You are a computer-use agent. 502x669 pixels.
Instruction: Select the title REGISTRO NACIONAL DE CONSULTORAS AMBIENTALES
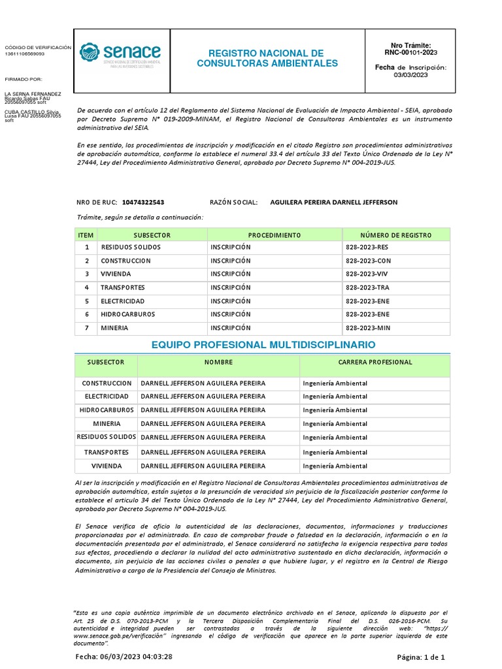(x=267, y=58)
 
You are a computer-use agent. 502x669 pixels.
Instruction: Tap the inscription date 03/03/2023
(x=410, y=75)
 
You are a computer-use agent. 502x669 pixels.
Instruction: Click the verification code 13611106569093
(x=34, y=54)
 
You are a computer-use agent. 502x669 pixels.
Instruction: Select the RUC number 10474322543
(x=143, y=202)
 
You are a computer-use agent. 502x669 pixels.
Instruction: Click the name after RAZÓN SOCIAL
(x=333, y=202)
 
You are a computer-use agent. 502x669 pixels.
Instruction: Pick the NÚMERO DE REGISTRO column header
(x=396, y=235)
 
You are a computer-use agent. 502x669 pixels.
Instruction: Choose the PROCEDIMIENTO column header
(x=275, y=235)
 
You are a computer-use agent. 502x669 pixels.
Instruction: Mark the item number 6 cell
(x=86, y=314)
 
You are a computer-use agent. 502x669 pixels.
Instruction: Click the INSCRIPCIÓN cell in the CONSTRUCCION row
(x=230, y=261)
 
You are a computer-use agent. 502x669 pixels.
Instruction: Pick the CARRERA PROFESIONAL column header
(x=375, y=362)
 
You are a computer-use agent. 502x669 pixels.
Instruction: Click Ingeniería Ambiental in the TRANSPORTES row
(x=335, y=452)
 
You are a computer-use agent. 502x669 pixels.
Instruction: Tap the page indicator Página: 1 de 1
(x=422, y=657)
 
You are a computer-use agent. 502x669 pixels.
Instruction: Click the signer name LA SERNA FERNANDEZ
(x=33, y=94)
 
